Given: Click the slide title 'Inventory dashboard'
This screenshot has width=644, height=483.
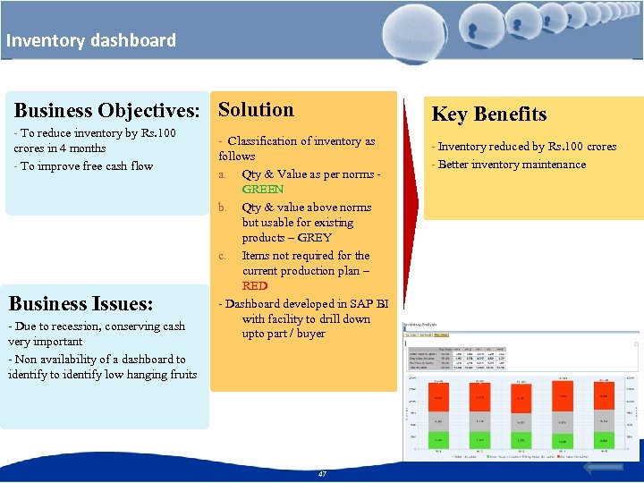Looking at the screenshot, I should [90, 40].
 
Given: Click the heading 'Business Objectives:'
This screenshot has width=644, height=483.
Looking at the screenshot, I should [106, 111].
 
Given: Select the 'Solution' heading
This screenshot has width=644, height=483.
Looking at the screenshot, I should [256, 110].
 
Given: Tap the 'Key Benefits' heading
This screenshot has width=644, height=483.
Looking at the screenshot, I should [488, 114].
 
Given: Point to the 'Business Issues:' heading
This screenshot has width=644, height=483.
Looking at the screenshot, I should [80, 303].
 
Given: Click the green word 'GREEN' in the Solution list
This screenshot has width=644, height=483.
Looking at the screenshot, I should [262, 190].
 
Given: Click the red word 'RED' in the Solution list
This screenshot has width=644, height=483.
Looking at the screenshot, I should [254, 286].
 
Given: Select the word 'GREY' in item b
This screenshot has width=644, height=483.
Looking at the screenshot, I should [314, 238].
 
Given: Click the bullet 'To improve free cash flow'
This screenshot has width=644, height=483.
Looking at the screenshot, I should [83, 166].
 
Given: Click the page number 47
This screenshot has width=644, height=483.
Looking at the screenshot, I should [322, 474].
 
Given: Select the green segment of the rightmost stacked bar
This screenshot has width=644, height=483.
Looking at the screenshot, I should [605, 441].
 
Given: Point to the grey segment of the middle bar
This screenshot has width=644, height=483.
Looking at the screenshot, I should [521, 421].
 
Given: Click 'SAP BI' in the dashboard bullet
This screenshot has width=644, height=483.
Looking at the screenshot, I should [369, 304].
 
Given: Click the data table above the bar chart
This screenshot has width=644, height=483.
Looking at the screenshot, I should [455, 358].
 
